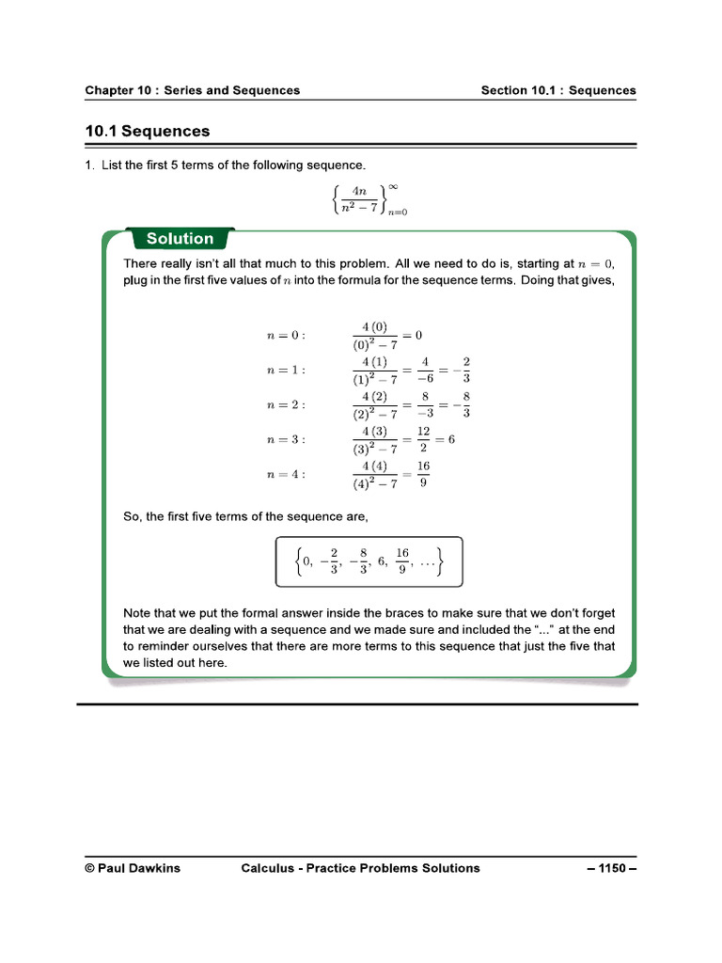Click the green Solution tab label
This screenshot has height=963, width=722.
pyautogui.click(x=180, y=239)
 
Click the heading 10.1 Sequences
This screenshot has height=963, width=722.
pyautogui.click(x=148, y=132)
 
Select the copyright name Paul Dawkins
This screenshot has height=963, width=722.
pyautogui.click(x=133, y=868)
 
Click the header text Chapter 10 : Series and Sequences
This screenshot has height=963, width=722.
pyautogui.click(x=193, y=90)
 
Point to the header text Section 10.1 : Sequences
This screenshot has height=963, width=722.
pyautogui.click(x=558, y=90)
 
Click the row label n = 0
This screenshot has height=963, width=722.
pyautogui.click(x=286, y=335)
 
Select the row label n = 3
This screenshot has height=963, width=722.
pyautogui.click(x=286, y=439)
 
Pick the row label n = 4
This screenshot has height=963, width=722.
pyautogui.click(x=286, y=474)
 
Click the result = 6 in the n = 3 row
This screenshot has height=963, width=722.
pyautogui.click(x=445, y=439)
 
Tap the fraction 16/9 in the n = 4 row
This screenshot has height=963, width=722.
pyautogui.click(x=423, y=474)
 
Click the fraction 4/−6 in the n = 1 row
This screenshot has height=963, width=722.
pyautogui.click(x=424, y=370)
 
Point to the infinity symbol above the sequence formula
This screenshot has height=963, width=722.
pyautogui.click(x=393, y=186)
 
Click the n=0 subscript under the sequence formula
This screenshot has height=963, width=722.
pyautogui.click(x=397, y=213)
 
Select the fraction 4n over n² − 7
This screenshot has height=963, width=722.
pyautogui.click(x=359, y=198)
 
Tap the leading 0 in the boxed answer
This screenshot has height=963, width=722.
pyautogui.click(x=306, y=561)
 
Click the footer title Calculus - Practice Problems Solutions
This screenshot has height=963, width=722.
pyautogui.click(x=360, y=868)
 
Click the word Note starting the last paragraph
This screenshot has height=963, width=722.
pyautogui.click(x=139, y=613)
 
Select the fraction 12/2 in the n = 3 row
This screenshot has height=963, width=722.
pyautogui.click(x=423, y=439)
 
